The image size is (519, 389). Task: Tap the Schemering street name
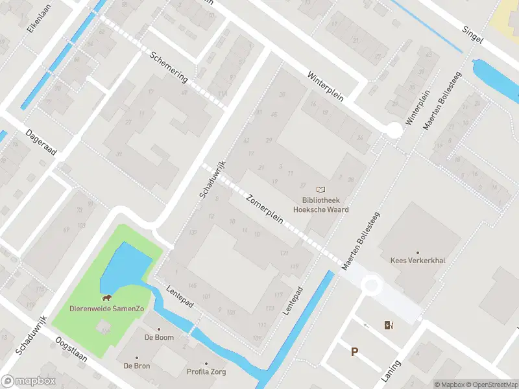(x=168, y=67)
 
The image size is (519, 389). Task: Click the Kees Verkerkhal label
(x=417, y=261)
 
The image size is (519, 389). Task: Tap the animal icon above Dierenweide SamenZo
(x=106, y=298)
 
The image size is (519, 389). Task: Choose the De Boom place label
(x=158, y=337)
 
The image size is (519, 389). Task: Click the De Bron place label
(x=137, y=366)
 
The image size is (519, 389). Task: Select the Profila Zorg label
(x=206, y=372)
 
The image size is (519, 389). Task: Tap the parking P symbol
(x=354, y=352)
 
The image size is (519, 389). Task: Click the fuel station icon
(x=389, y=325)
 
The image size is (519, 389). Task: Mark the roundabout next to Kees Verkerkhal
(x=371, y=285)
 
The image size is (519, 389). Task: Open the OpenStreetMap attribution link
(x=490, y=384)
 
